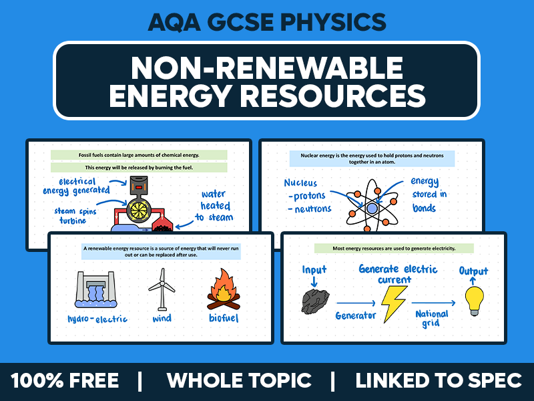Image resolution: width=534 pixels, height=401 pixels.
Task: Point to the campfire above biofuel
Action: point(222,288)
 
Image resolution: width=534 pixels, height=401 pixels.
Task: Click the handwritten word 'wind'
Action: point(162,319)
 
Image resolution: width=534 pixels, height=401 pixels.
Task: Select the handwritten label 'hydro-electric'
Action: point(97,319)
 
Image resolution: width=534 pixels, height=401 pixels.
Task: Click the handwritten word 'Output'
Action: point(473,271)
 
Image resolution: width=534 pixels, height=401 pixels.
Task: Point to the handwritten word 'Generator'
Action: point(356,315)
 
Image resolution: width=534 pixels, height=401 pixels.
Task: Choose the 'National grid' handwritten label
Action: point(431,318)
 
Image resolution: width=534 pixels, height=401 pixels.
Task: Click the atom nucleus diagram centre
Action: point(372,207)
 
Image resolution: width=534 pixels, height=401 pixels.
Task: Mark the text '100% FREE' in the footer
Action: point(65,381)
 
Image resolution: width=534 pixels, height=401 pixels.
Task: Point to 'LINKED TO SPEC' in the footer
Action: point(439,381)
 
